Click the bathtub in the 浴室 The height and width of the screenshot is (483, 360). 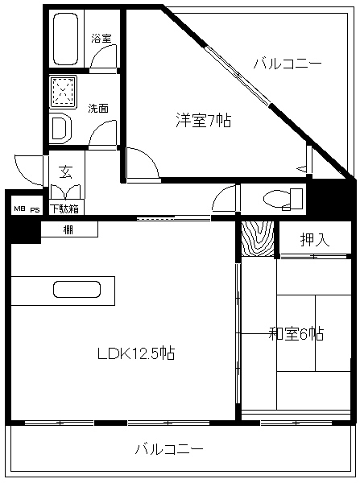pyautogui.click(x=66, y=39)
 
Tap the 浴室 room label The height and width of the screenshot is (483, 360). pyautogui.click(x=101, y=39)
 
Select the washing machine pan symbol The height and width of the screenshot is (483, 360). pyautogui.click(x=63, y=93)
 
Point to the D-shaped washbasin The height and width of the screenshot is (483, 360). pyautogui.click(x=60, y=128)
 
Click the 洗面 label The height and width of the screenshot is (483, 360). pyautogui.click(x=98, y=108)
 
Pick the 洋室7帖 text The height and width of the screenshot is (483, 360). pyautogui.click(x=204, y=119)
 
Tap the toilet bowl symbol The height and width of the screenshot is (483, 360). pyautogui.click(x=283, y=199)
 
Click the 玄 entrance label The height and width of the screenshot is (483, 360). pyautogui.click(x=66, y=171)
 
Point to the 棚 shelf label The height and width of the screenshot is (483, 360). pyautogui.click(x=68, y=229)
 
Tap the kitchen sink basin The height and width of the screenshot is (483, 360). pyautogui.click(x=77, y=290)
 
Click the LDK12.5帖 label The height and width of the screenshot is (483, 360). pyautogui.click(x=136, y=353)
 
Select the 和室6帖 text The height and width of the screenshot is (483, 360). pyautogui.click(x=296, y=333)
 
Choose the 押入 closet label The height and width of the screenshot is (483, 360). pyautogui.click(x=314, y=239)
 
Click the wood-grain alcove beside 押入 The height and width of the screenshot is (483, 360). pyautogui.click(x=258, y=239)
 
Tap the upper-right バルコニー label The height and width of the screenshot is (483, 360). pyautogui.click(x=288, y=64)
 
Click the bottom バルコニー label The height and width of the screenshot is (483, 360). pyautogui.click(x=169, y=448)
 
